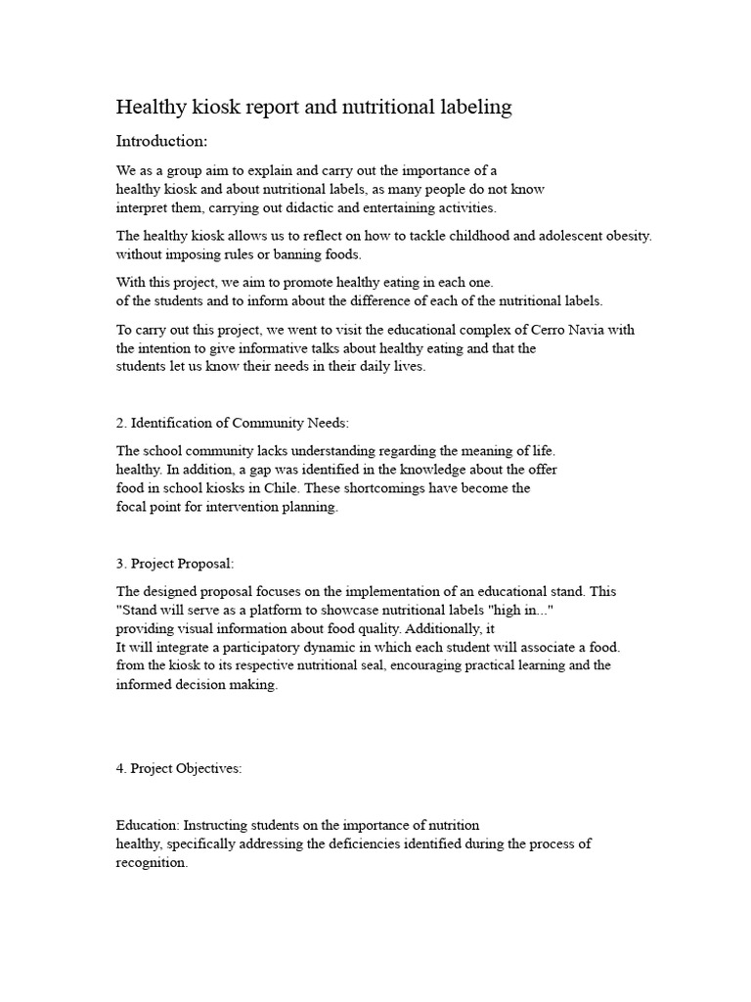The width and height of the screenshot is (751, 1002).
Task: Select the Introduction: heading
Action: [x=161, y=141]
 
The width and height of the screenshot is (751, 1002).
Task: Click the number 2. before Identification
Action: [x=122, y=423]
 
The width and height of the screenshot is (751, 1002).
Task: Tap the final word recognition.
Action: [x=151, y=863]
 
